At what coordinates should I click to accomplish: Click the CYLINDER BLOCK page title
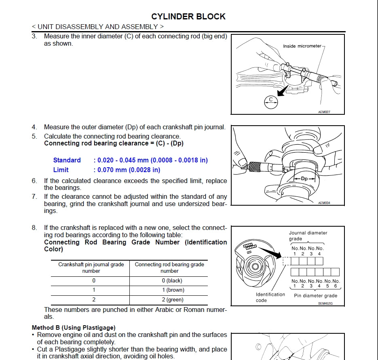(x=188, y=17)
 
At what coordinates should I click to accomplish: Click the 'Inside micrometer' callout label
(x=302, y=46)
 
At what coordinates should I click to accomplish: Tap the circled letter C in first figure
(x=271, y=102)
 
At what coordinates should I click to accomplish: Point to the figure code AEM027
(x=324, y=112)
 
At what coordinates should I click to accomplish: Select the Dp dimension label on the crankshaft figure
(x=304, y=178)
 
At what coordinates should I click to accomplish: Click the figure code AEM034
(x=324, y=203)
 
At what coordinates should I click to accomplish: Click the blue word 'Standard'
(x=67, y=160)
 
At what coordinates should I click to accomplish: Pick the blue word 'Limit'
(x=61, y=170)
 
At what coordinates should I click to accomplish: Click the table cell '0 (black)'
(x=172, y=280)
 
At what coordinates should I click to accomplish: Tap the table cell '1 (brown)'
(x=172, y=290)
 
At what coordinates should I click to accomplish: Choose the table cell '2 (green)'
(x=172, y=300)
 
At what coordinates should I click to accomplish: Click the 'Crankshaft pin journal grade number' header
(x=91, y=267)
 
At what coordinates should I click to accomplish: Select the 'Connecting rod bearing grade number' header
(x=169, y=267)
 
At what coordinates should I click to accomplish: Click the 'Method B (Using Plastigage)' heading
(x=74, y=328)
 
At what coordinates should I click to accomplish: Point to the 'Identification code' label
(x=270, y=297)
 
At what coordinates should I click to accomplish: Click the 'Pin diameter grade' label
(x=315, y=295)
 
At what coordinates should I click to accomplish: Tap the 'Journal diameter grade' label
(x=308, y=236)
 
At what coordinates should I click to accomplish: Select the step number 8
(x=34, y=228)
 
